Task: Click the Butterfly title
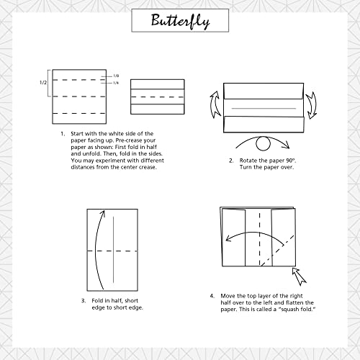pos(180,21)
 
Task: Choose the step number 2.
pos(231,160)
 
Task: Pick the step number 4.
pos(212,296)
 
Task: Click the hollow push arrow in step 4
pos(300,276)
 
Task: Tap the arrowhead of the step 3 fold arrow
pos(105,214)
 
